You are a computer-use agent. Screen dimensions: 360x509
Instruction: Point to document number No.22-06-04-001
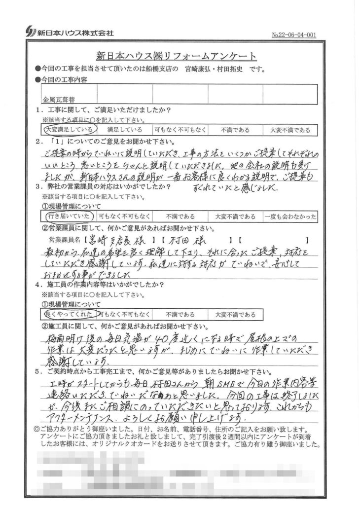coord(294,35)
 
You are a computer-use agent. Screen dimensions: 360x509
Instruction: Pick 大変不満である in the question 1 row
coord(290,130)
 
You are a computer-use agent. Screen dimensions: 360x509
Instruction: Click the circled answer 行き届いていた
coord(68,216)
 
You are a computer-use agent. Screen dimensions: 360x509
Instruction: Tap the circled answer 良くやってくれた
coord(68,314)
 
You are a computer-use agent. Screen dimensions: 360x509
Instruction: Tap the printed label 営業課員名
coord(64,241)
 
